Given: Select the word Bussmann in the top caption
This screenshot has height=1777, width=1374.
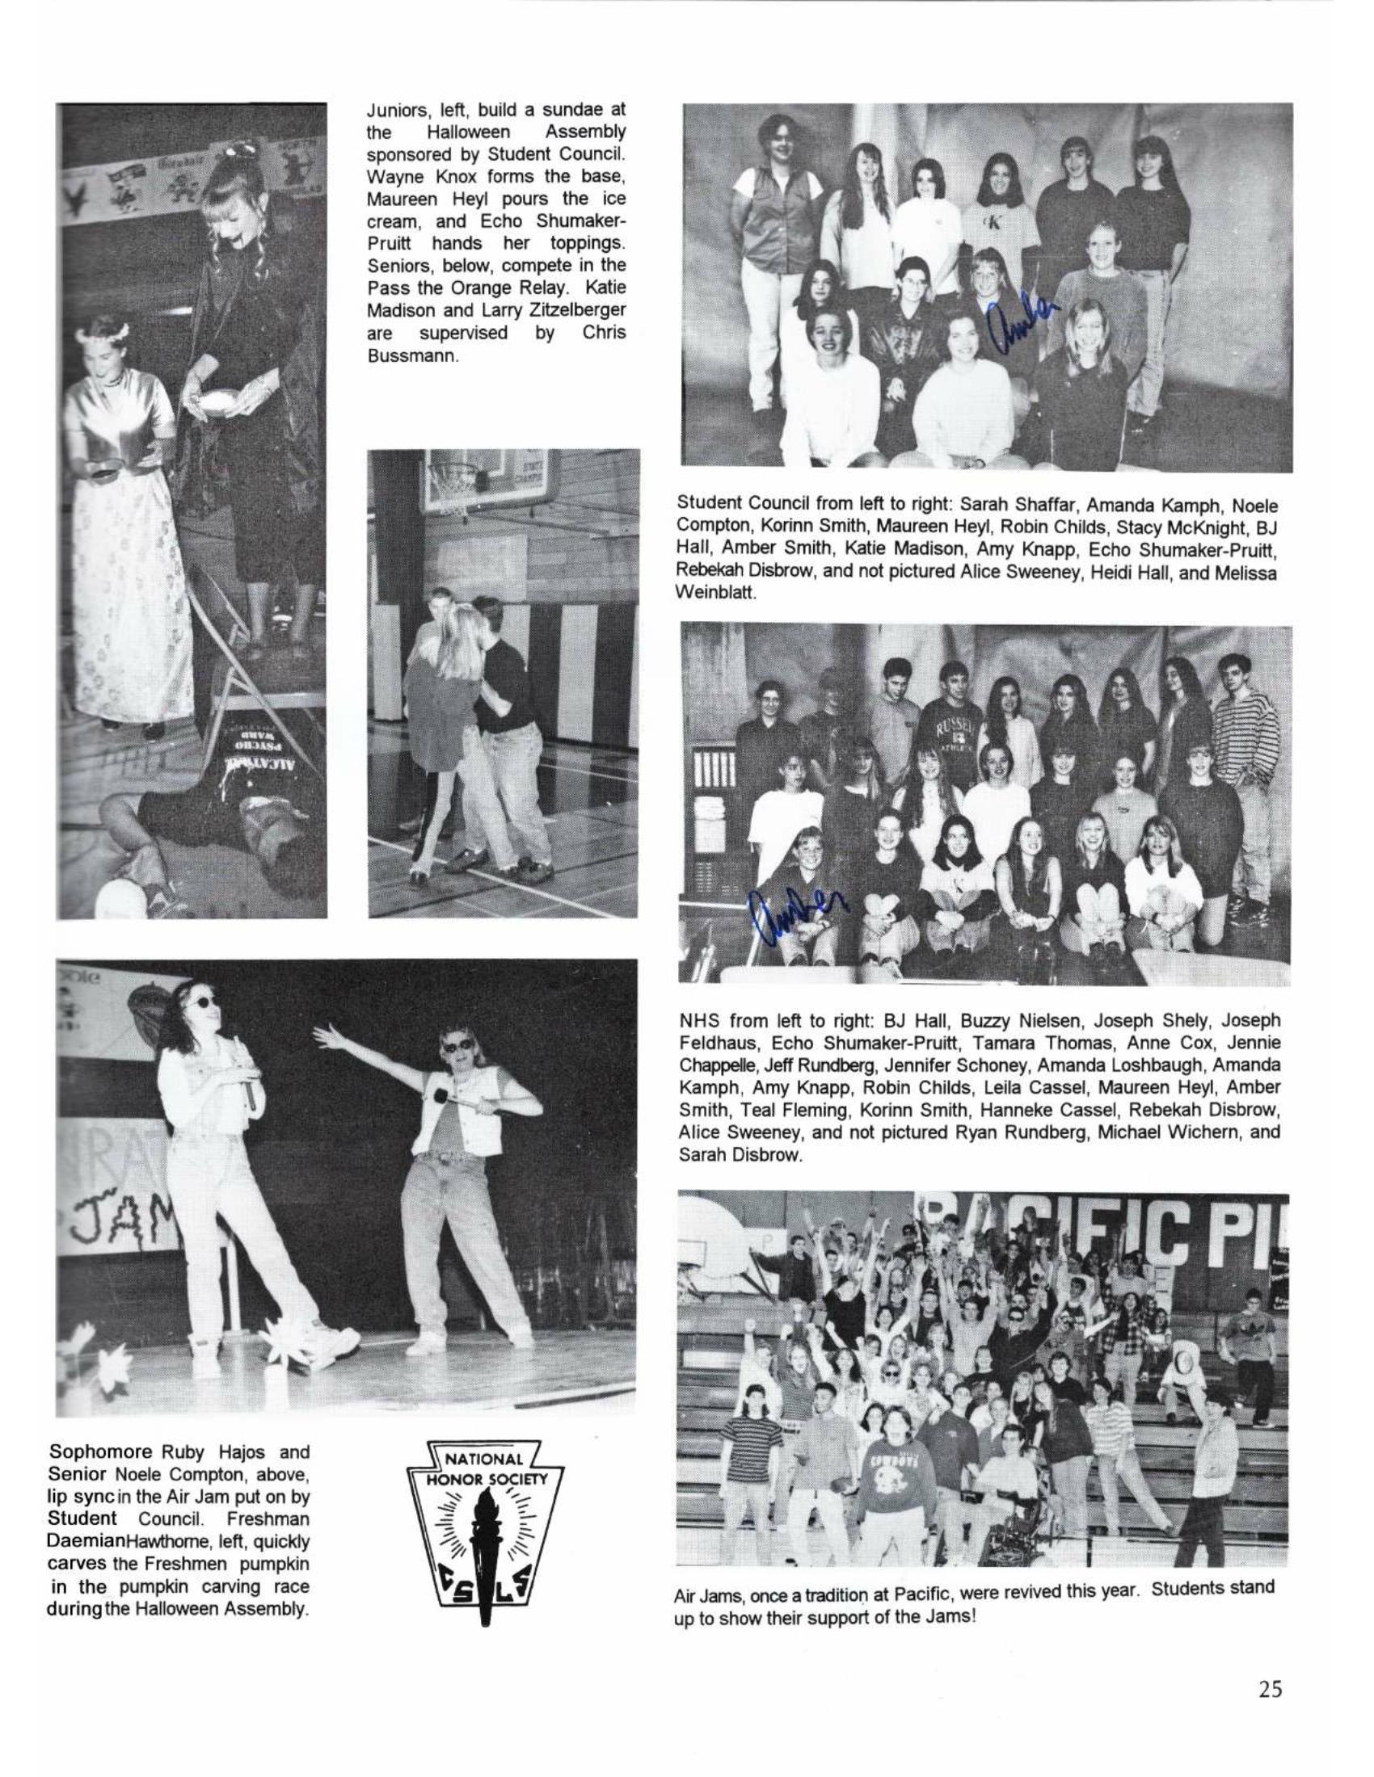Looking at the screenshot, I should click(x=414, y=355).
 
